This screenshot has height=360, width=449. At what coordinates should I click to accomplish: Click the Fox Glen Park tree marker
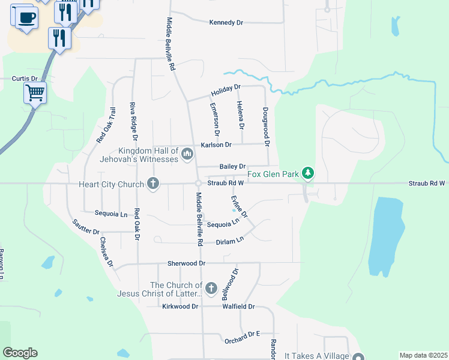click(309, 173)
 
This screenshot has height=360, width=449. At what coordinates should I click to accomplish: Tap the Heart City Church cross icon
click(153, 184)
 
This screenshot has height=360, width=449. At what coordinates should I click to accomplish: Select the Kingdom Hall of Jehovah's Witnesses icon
click(187, 155)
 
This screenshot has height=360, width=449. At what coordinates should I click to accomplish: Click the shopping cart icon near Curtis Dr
click(35, 93)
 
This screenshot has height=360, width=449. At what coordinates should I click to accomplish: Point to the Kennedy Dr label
click(226, 23)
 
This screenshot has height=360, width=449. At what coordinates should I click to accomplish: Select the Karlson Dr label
click(216, 145)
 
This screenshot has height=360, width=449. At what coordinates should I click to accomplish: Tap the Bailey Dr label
click(233, 166)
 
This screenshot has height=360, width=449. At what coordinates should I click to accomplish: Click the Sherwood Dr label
click(187, 263)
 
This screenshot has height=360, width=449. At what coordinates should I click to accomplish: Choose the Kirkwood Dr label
click(180, 307)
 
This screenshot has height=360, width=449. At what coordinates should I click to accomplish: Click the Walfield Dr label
click(239, 307)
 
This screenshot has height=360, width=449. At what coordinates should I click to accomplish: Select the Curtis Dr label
click(25, 79)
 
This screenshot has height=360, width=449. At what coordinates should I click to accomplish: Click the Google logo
click(20, 353)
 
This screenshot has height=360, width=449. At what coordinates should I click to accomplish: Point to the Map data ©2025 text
click(423, 355)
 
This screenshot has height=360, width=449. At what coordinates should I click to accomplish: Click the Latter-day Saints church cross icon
click(211, 289)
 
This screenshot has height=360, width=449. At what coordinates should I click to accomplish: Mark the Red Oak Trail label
click(105, 125)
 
